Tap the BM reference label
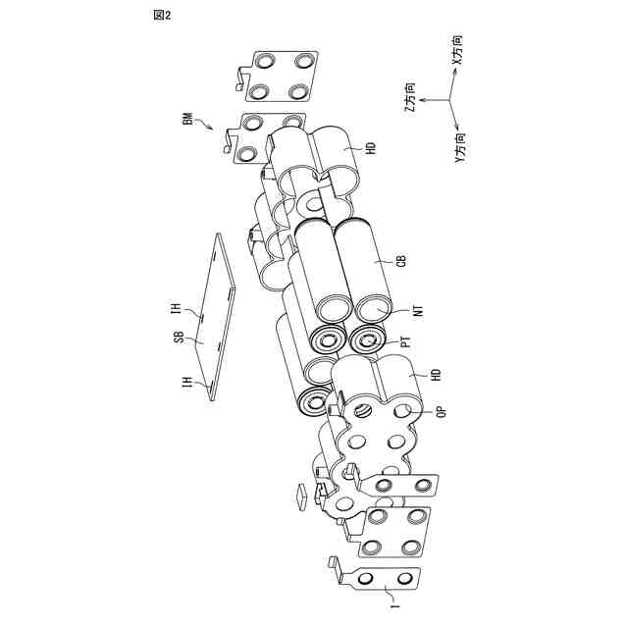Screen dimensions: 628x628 pyautogui.click(x=187, y=120)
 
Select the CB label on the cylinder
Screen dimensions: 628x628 pyautogui.click(x=400, y=261)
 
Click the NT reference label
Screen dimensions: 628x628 pyautogui.click(x=418, y=312)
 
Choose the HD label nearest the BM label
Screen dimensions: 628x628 pyautogui.click(x=371, y=149)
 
